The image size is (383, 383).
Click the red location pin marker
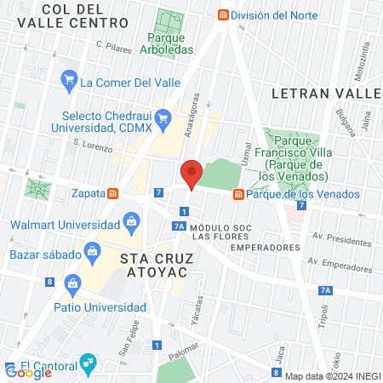(x=191, y=174)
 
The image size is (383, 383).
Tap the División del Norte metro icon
(x=224, y=14)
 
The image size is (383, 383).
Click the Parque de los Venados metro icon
(x=239, y=194)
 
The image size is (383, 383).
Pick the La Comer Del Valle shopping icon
(x=69, y=83)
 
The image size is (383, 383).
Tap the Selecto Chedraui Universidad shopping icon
(x=165, y=117)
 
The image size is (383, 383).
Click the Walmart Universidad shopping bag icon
(x=131, y=225)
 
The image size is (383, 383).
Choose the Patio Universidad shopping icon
(x=72, y=283)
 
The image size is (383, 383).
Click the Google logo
(x=28, y=371)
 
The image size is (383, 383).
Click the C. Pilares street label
(x=113, y=47)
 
